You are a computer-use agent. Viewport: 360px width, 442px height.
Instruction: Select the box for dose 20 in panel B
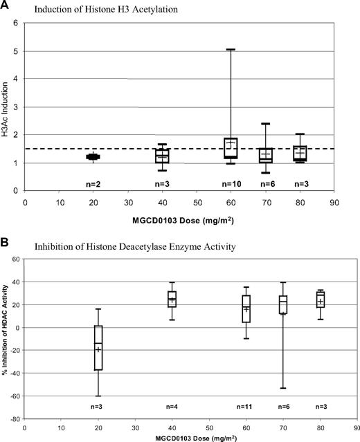tap(98, 347)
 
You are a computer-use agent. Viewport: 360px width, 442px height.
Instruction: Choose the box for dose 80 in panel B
tap(320, 299)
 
